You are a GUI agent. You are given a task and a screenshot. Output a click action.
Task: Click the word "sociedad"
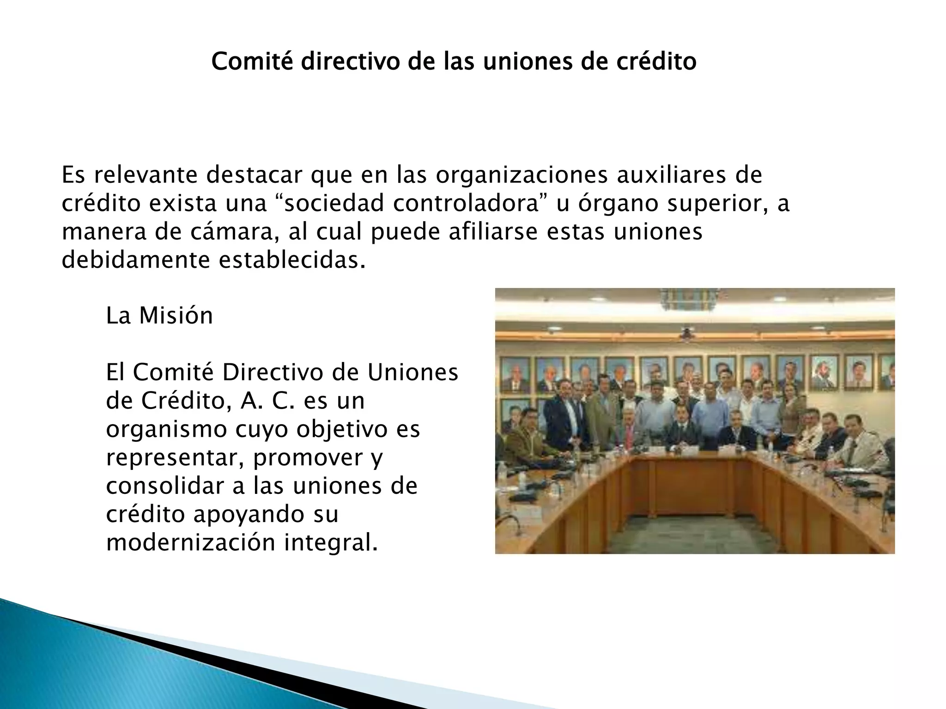point(333,204)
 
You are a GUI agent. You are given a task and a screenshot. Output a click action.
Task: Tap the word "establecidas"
point(288,261)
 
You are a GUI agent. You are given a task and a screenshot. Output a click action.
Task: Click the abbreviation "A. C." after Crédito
point(267,401)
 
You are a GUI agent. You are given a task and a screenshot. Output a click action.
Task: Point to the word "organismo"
point(166,429)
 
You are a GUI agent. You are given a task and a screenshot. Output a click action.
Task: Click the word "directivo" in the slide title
point(350,61)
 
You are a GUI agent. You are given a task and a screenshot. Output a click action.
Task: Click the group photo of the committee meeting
point(695,421)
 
